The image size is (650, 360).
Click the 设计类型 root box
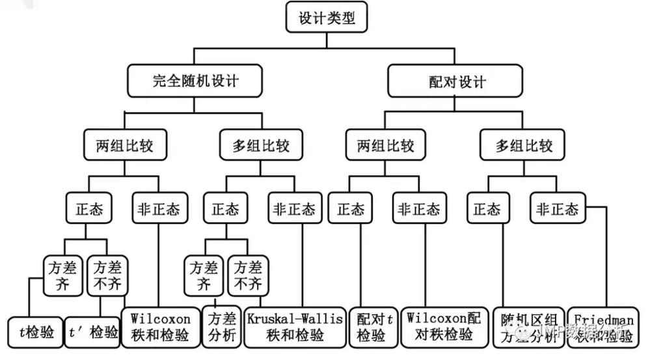coord(327,18)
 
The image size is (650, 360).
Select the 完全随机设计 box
coord(195,81)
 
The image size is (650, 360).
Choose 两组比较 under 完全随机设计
coord(126,145)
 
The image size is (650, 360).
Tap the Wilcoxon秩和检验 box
coord(160,327)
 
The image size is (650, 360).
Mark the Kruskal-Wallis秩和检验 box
coord(294,327)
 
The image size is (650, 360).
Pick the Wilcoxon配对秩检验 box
coord(444,327)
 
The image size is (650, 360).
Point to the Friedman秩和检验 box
coord(601,327)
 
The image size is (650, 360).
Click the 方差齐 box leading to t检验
coord(63,275)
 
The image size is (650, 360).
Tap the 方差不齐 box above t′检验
coord(107,275)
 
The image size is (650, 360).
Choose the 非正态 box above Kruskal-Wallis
coord(294,209)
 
